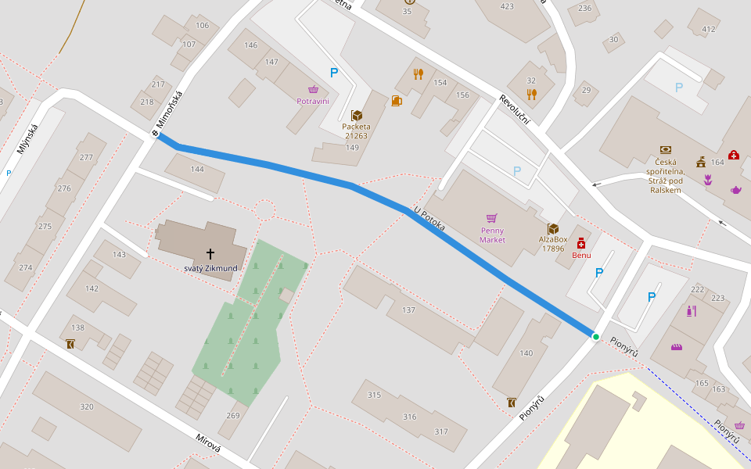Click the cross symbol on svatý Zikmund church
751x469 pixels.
tap(210, 253)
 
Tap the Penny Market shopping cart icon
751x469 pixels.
tap(492, 218)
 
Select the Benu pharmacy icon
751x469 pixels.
tap(581, 243)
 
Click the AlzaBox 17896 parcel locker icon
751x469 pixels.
tap(553, 228)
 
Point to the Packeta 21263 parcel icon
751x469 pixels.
tap(357, 116)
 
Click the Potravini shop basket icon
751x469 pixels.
tap(313, 90)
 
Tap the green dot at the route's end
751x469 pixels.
tap(595, 337)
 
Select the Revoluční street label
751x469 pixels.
tap(515, 110)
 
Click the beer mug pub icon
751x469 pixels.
tap(396, 100)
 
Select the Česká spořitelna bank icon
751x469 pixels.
tap(665, 149)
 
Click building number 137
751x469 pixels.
tap(408, 310)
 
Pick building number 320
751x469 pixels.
tap(87, 406)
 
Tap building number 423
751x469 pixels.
tap(507, 6)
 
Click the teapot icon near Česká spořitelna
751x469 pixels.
tap(735, 190)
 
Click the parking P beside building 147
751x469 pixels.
tap(334, 73)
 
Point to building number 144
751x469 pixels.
tap(197, 169)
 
